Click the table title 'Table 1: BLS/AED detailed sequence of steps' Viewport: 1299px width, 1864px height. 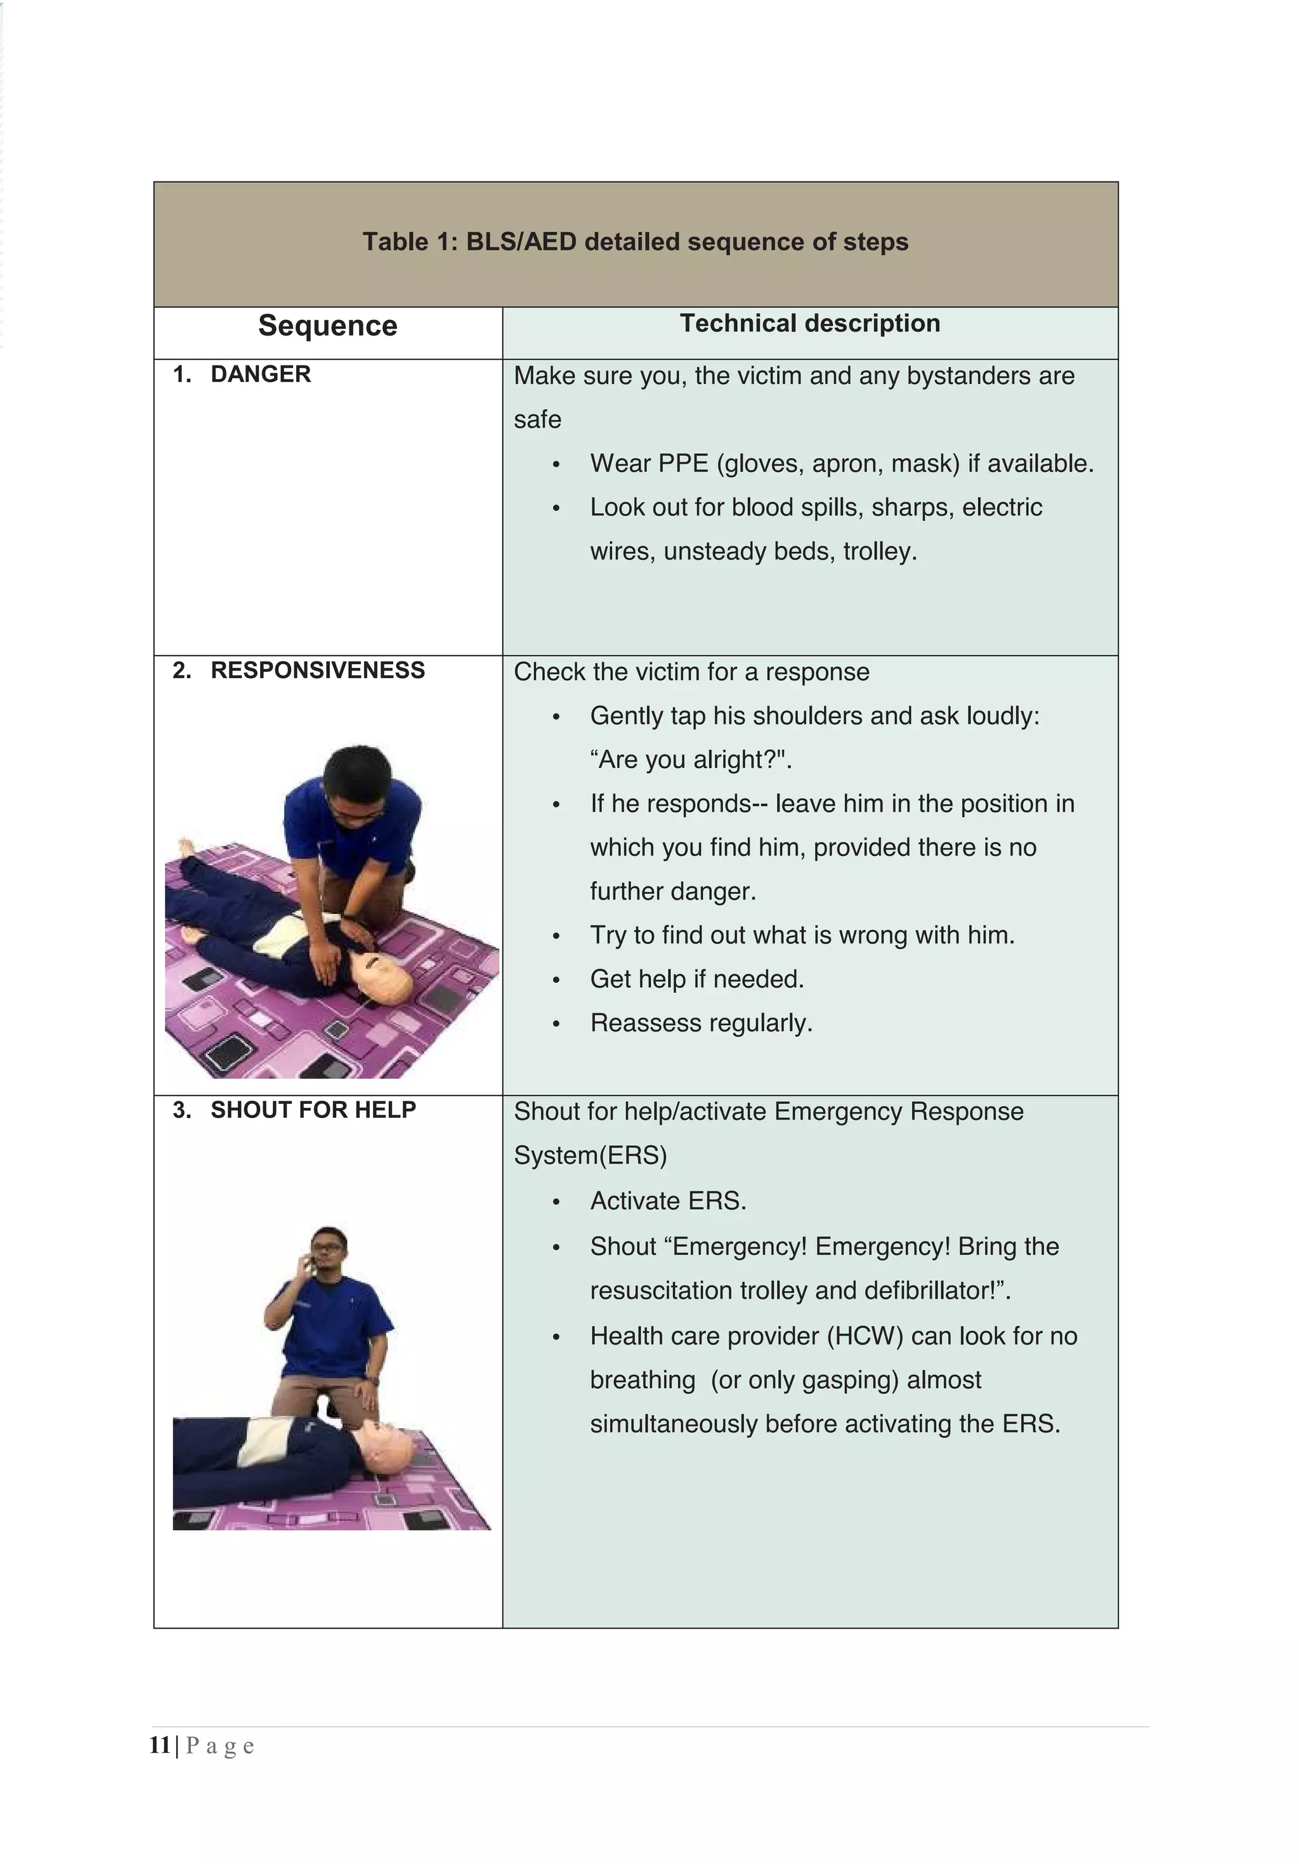pos(635,242)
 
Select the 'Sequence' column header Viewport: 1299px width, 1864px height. pos(327,325)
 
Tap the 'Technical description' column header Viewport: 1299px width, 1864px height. pos(809,323)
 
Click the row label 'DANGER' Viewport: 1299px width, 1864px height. pos(261,374)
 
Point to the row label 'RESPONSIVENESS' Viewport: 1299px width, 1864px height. pos(317,671)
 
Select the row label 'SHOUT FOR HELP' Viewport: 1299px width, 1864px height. pos(313,1110)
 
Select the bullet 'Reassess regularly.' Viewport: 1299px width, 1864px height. pos(701,1023)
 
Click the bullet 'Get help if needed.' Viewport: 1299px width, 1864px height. pos(696,979)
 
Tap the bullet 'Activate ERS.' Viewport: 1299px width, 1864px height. pos(667,1201)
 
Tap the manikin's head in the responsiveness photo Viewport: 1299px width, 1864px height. pos(388,973)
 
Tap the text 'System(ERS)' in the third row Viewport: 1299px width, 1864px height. pos(591,1155)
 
